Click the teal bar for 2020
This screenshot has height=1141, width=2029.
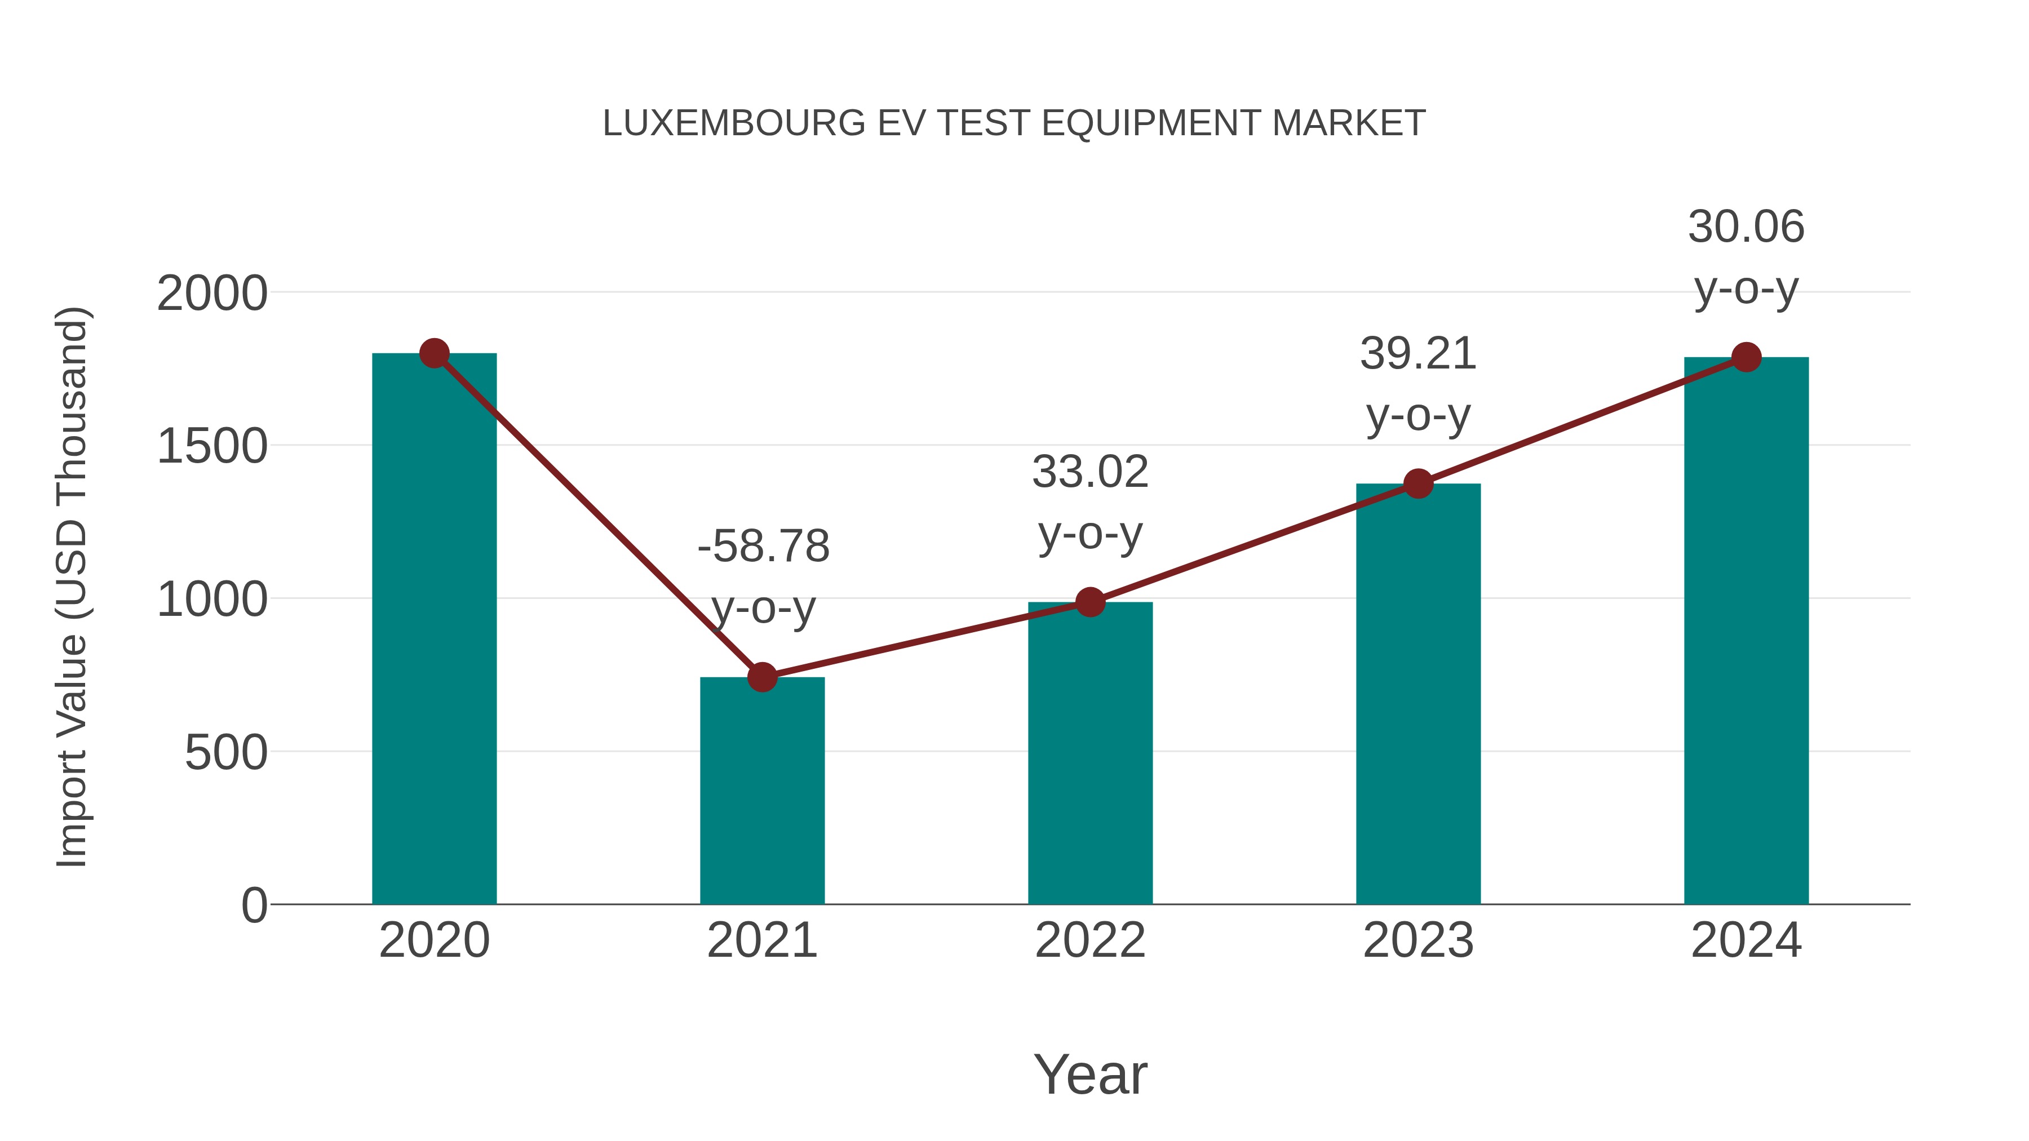[434, 630]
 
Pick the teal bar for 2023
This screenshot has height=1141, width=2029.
[1418, 694]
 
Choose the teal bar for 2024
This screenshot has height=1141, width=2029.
[1746, 631]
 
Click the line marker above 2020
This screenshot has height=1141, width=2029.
[434, 353]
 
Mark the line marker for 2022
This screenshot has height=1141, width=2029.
[1090, 602]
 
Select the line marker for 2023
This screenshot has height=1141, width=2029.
[1418, 483]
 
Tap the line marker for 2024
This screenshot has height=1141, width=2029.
[1746, 357]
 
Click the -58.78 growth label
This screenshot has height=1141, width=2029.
[763, 547]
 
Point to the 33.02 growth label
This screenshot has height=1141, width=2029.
[1090, 473]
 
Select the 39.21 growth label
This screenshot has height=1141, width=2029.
[1418, 353]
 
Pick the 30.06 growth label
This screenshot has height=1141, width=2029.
[1746, 228]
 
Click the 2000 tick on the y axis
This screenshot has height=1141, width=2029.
[212, 295]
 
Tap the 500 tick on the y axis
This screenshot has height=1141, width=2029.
[226, 753]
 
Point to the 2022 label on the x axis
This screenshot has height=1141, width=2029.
[1090, 940]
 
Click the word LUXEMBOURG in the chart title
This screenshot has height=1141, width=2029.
[733, 123]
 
